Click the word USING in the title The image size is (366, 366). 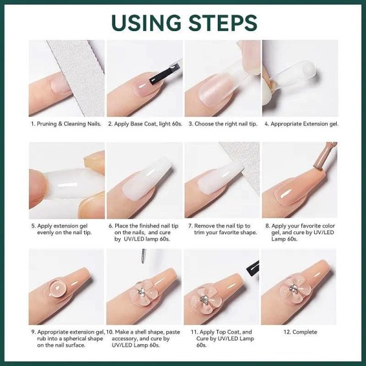click(x=146, y=23)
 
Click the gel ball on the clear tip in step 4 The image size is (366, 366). click(x=307, y=70)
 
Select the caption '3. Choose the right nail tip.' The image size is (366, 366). click(x=223, y=124)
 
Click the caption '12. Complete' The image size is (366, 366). click(x=300, y=332)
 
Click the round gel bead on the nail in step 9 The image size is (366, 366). click(x=58, y=289)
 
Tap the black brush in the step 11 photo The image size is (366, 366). click(x=253, y=268)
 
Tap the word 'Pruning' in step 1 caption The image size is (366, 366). click(x=47, y=124)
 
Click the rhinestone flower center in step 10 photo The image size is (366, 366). click(x=141, y=292)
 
